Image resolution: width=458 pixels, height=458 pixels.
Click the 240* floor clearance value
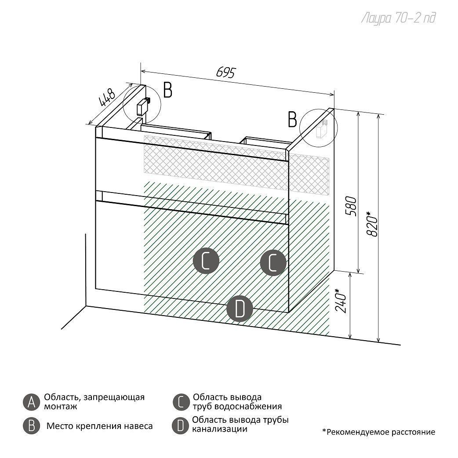(342, 300)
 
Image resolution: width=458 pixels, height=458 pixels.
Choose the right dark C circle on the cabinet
(273, 263)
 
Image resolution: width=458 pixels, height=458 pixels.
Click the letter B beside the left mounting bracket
(167, 90)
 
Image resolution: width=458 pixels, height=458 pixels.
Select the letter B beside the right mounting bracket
(292, 120)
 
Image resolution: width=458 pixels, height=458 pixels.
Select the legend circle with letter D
(180, 425)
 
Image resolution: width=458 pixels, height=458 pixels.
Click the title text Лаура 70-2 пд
(398, 18)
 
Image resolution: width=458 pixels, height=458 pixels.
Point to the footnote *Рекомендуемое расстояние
(378, 432)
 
